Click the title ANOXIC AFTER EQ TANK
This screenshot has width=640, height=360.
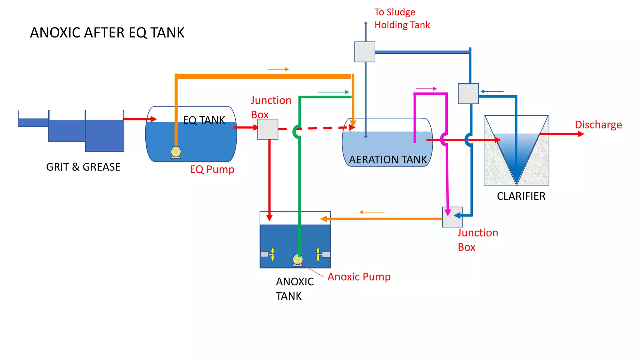[107, 33]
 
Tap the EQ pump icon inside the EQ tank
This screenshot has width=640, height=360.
[176, 152]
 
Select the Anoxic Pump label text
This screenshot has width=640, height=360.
[359, 277]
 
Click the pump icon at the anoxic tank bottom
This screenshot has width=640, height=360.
[298, 260]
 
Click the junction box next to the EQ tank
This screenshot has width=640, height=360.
[268, 129]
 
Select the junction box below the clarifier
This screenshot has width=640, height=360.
[452, 217]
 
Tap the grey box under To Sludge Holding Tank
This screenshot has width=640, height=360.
[365, 52]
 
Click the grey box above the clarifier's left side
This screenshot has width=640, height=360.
[468, 93]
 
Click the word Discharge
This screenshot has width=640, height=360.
[598, 125]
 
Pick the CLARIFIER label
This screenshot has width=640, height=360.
[521, 196]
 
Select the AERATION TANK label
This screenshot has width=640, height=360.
[387, 160]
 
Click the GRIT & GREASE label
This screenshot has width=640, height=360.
[83, 167]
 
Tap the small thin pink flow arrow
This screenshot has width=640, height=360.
[426, 89]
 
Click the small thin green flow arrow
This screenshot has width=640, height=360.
[333, 92]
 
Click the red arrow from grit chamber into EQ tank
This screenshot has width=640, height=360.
[139, 119]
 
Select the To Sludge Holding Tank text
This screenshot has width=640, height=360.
[402, 18]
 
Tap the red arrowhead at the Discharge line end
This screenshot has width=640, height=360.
[581, 134]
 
